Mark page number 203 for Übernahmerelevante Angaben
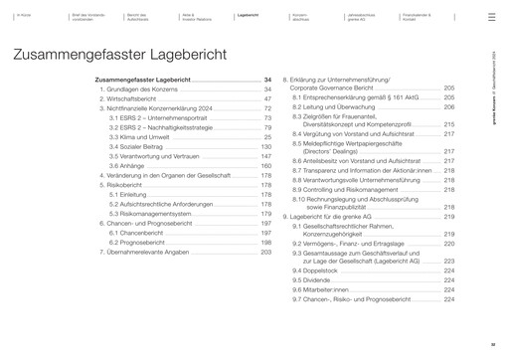click(265, 253)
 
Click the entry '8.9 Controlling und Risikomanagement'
click(347, 188)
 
